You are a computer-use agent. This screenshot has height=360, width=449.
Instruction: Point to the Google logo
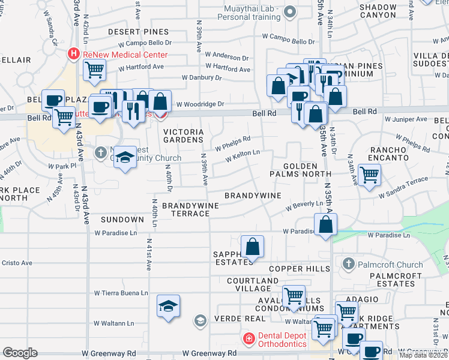[x=20, y=352]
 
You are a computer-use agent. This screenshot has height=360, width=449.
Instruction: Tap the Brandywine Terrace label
[x=185, y=209]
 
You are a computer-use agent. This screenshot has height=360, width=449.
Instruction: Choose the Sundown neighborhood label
[x=122, y=220]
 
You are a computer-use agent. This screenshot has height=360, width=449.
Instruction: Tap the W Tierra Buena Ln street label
[x=121, y=293]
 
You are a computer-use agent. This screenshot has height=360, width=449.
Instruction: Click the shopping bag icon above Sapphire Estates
[x=253, y=246]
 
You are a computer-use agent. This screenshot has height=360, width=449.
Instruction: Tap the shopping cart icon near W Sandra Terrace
[x=369, y=175]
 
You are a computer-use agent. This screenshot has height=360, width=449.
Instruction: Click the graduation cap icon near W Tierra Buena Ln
[x=169, y=306]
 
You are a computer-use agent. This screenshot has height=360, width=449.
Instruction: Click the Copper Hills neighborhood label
[x=295, y=269]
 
